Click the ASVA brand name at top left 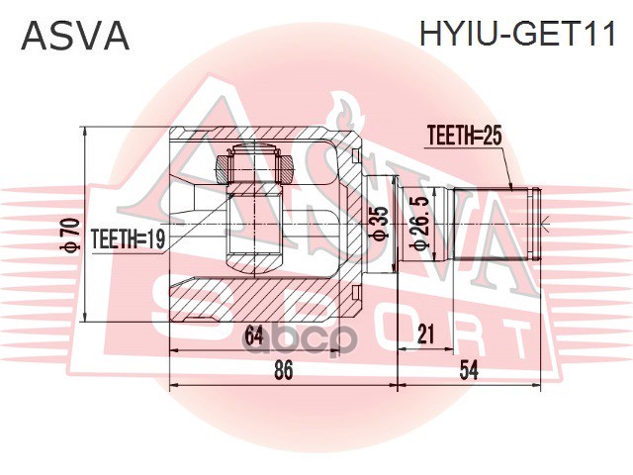[75, 37]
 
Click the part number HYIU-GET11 [517, 37]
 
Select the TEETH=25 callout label [465, 137]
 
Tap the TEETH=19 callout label [128, 237]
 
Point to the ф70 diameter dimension [70, 234]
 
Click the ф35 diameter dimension [378, 224]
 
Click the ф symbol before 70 [70, 247]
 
